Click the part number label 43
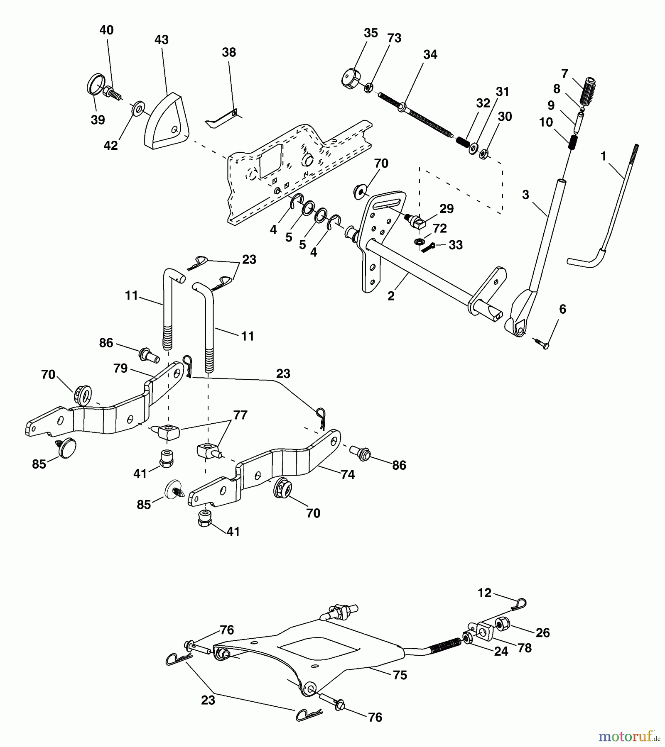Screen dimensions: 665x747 [x=162, y=40]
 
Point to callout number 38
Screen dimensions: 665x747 [x=229, y=52]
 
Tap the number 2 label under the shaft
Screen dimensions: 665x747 [x=391, y=296]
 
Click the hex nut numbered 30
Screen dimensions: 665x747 [x=483, y=154]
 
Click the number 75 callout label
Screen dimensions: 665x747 [x=400, y=675]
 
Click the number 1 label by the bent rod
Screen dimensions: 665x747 [x=603, y=156]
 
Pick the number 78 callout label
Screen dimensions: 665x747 [x=525, y=648]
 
